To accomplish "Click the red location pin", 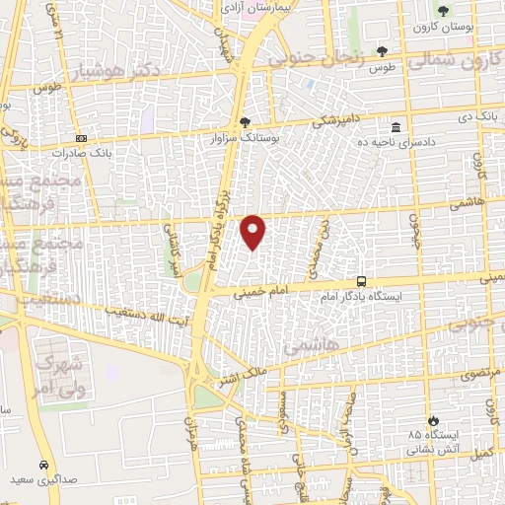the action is coord(253,232).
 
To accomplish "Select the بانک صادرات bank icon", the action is coord(81,138).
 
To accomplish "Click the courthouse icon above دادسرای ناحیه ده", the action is coord(396,127).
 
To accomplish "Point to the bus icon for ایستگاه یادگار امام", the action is coord(362,281).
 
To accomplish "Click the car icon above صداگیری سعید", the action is coord(43,464).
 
